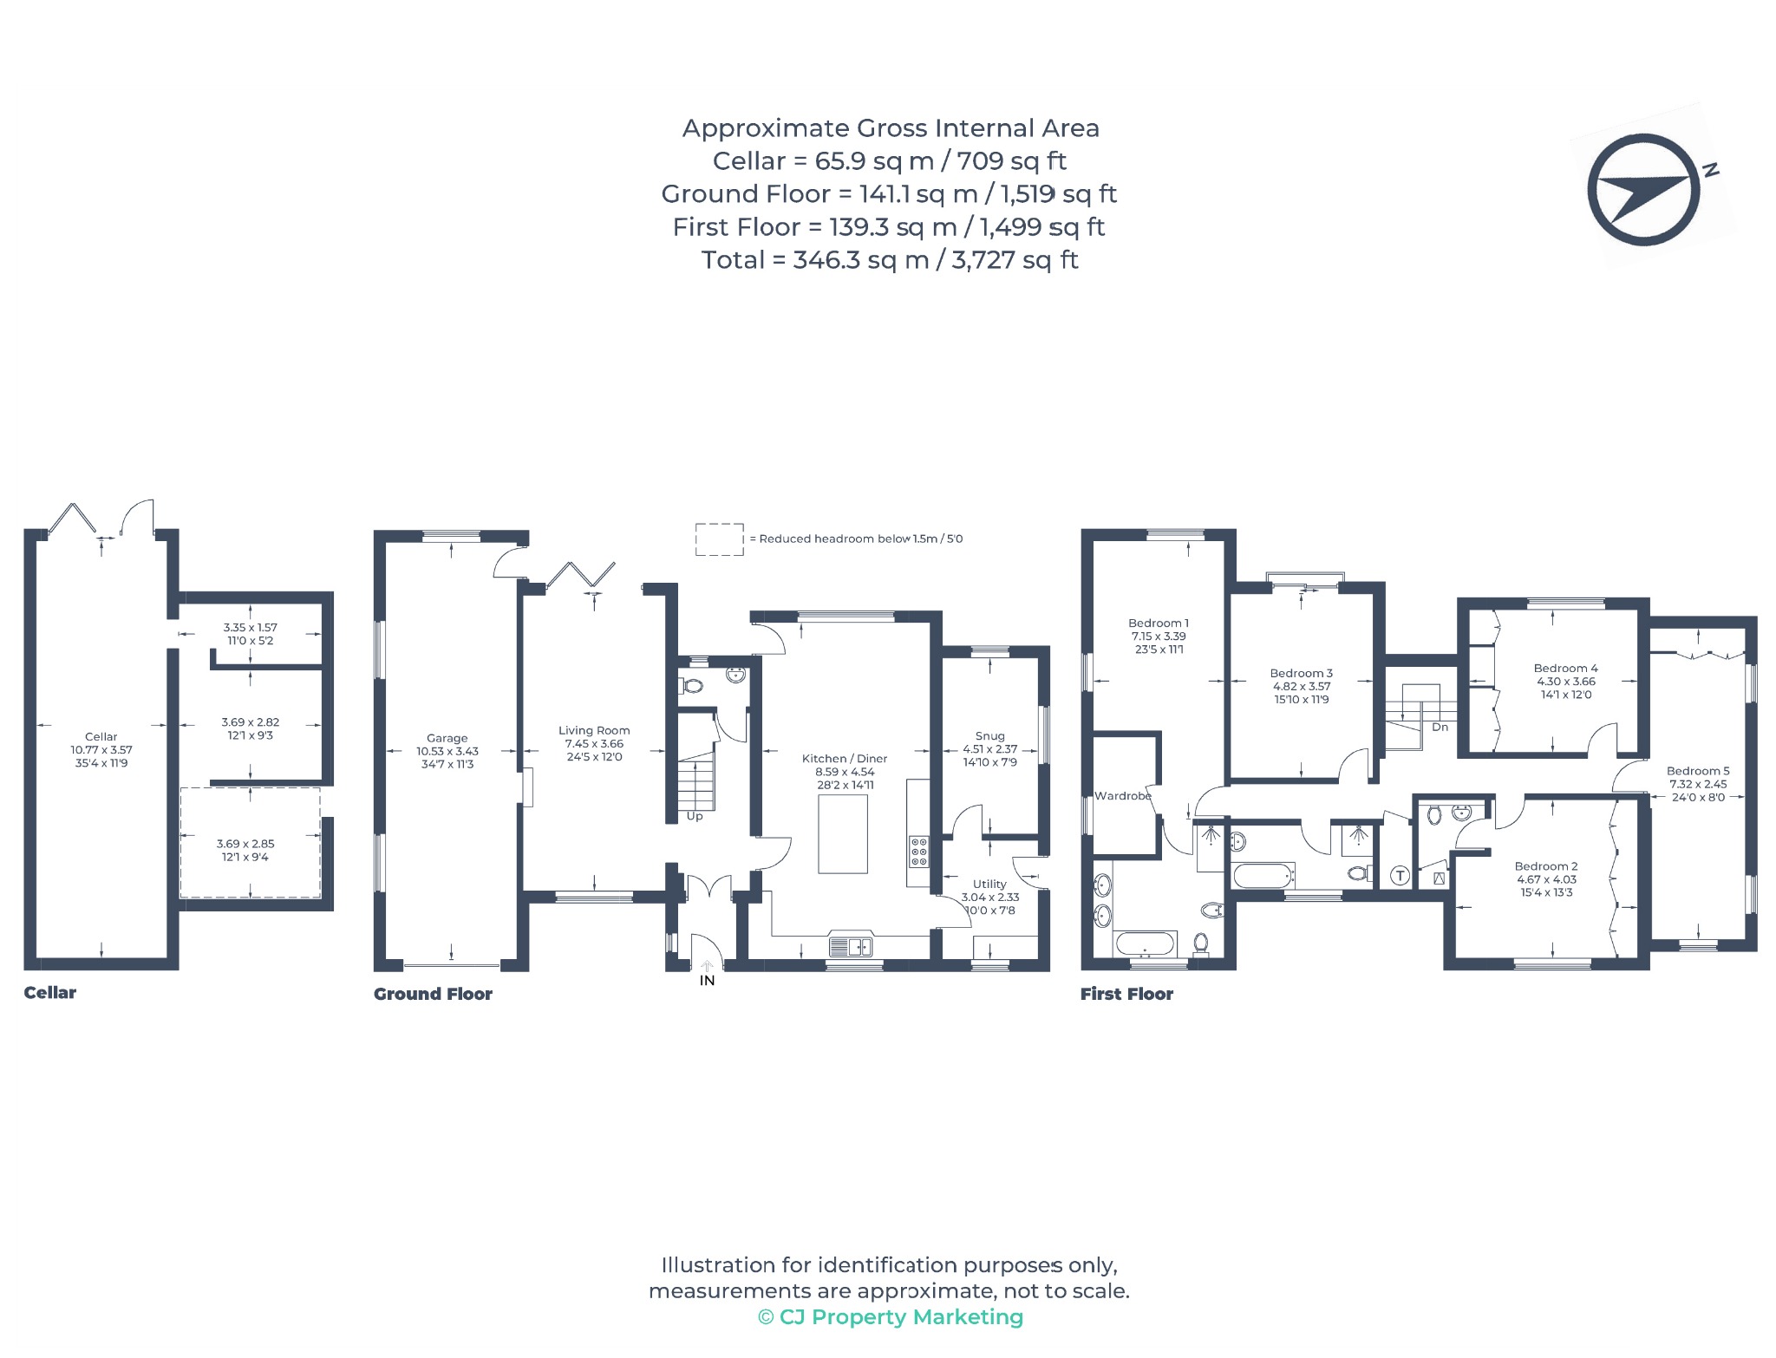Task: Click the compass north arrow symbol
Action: [1643, 189]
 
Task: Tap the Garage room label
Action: [447, 738]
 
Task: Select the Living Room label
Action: [594, 730]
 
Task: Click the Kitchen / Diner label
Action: [845, 758]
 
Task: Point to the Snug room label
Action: [989, 735]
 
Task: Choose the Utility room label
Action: [989, 884]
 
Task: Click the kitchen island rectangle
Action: [843, 833]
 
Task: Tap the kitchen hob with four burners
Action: [918, 851]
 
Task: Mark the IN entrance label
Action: [708, 980]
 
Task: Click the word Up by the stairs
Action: [695, 816]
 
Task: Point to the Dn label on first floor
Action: [1440, 727]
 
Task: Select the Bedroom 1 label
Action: [1159, 623]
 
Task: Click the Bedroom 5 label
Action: [1698, 770]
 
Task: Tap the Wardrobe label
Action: [1123, 795]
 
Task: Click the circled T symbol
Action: [1400, 876]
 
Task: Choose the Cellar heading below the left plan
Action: [49, 993]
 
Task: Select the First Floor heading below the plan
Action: [1126, 994]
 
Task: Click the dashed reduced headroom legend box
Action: [720, 539]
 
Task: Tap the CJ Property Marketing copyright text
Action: [891, 1317]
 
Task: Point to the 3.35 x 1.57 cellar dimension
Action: [251, 627]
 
